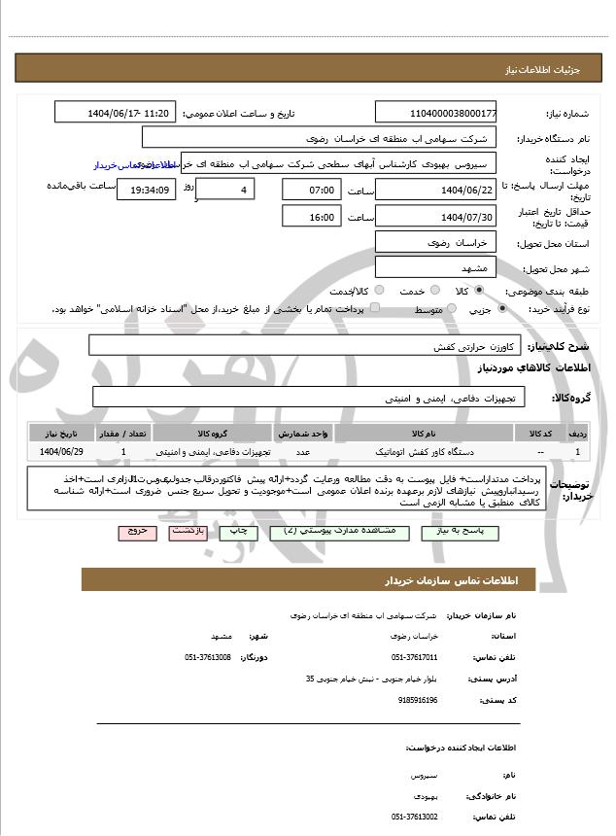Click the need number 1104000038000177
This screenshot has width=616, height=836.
pyautogui.click(x=435, y=113)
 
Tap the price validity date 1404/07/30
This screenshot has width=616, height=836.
pyautogui.click(x=435, y=216)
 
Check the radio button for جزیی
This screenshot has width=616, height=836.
pyautogui.click(x=501, y=308)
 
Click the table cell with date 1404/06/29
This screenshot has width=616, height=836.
pyautogui.click(x=62, y=452)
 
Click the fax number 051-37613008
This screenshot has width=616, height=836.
pyautogui.click(x=208, y=657)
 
